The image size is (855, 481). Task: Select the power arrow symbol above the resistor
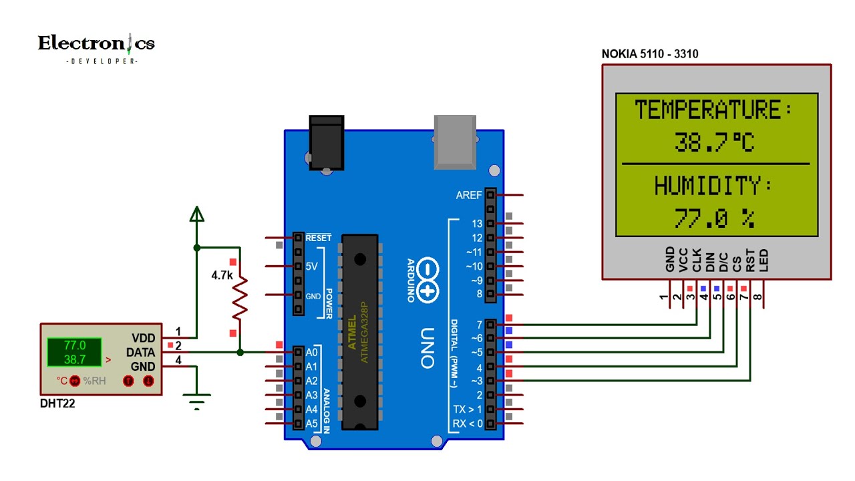point(196,214)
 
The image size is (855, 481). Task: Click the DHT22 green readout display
point(74,353)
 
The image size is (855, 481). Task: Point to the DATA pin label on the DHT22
point(140,352)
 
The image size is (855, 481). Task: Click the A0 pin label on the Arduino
point(311,352)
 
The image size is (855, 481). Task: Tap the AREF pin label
point(468,195)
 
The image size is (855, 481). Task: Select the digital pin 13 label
point(476,224)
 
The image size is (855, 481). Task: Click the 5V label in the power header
point(311,266)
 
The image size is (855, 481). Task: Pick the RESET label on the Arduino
point(318,238)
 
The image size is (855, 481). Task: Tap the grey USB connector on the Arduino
point(455,140)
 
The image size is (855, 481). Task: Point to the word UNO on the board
point(428,347)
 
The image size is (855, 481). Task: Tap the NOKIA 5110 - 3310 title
point(650,54)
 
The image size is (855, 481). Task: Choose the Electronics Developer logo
point(96,47)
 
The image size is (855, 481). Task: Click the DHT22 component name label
point(57,404)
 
